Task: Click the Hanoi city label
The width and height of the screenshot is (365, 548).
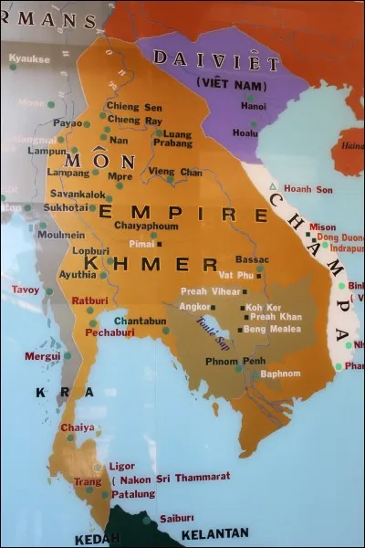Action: pos(252,106)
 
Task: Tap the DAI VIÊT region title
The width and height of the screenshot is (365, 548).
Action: pos(216,61)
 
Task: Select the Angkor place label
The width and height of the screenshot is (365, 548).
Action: pos(195,306)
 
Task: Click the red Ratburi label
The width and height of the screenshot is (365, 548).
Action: pos(91,300)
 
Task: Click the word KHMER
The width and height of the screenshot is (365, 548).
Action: pos(151,265)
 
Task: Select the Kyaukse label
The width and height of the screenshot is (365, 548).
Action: pos(29,58)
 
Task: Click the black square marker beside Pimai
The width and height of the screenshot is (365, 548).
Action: pos(158,244)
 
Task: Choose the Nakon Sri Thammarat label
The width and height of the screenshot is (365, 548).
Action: pos(174,477)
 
